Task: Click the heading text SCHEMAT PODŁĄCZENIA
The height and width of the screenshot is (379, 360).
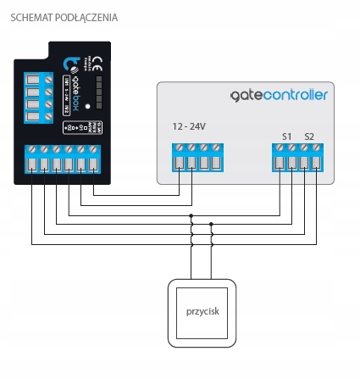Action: tap(64, 18)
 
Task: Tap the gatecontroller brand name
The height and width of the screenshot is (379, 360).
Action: tap(279, 95)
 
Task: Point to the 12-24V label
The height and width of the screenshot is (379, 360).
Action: tap(189, 126)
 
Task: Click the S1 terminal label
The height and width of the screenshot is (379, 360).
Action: tap(287, 136)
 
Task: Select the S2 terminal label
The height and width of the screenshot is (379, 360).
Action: tap(309, 136)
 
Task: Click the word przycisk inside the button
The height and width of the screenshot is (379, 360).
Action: tap(202, 311)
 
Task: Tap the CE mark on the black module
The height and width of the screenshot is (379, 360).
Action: tap(96, 60)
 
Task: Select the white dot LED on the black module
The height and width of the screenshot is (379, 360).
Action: tap(87, 107)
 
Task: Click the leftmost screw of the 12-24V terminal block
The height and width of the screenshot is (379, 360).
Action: tap(180, 148)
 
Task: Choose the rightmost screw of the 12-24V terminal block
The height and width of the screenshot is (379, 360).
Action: tap(216, 148)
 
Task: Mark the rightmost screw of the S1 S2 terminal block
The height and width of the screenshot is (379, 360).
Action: tap(317, 148)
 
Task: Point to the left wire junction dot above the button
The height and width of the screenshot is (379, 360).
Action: tap(191, 216)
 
